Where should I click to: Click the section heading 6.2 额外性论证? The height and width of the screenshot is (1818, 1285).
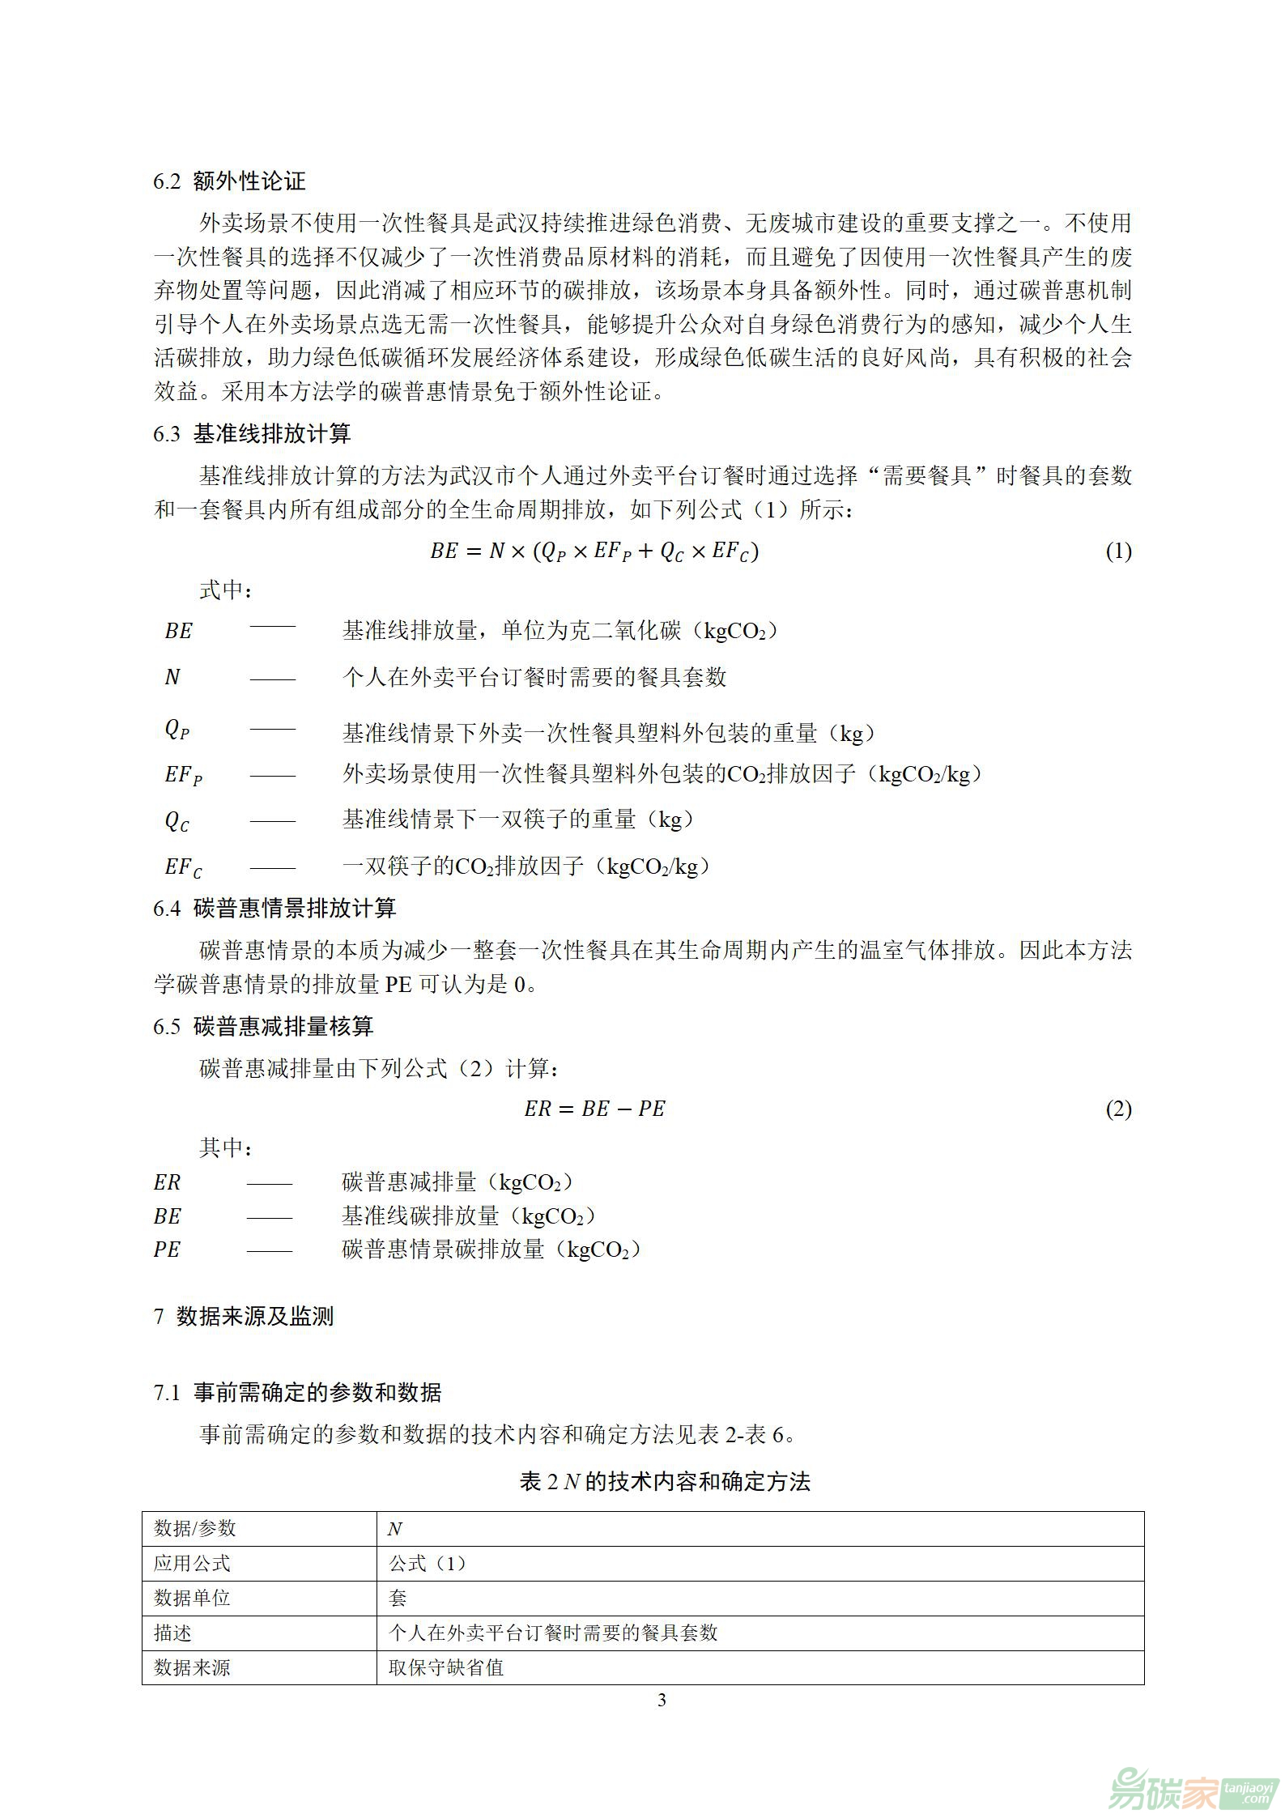[229, 181]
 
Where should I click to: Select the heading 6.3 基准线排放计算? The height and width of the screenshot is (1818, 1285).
[252, 434]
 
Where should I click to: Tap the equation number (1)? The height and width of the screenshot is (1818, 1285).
[1118, 551]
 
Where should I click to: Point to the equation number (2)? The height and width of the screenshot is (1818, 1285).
[1118, 1109]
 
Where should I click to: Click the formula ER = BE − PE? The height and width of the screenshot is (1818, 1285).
[594, 1109]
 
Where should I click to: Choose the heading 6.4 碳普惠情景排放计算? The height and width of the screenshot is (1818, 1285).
[274, 908]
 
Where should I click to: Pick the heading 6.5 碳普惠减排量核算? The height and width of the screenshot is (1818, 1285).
[263, 1027]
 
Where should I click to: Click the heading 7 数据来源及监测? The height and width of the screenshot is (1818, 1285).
[244, 1316]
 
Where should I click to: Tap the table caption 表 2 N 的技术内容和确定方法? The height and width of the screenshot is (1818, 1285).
[665, 1481]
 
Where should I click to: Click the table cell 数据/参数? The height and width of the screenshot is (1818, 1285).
[194, 1528]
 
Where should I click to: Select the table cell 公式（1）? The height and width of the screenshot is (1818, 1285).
[428, 1563]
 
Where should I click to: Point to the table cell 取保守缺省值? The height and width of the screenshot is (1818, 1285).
[446, 1667]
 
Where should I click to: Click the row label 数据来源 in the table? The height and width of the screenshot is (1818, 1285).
[192, 1667]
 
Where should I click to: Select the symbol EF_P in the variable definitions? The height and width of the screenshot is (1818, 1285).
[183, 775]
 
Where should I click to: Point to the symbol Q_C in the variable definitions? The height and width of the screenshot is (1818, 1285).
[177, 820]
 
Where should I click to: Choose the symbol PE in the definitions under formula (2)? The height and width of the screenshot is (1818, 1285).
[167, 1249]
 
